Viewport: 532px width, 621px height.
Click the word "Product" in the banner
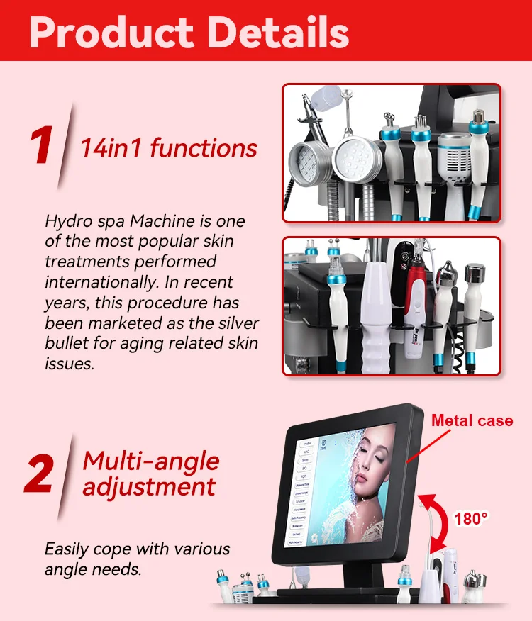click(112, 32)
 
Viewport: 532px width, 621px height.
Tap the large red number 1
click(42, 147)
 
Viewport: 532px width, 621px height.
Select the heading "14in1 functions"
click(168, 148)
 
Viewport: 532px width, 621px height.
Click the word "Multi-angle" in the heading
click(151, 461)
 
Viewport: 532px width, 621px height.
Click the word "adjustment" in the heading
click(149, 487)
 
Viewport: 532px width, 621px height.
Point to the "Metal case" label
click(472, 420)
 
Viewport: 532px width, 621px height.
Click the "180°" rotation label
click(471, 519)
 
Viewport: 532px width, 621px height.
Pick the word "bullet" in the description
click(67, 344)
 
